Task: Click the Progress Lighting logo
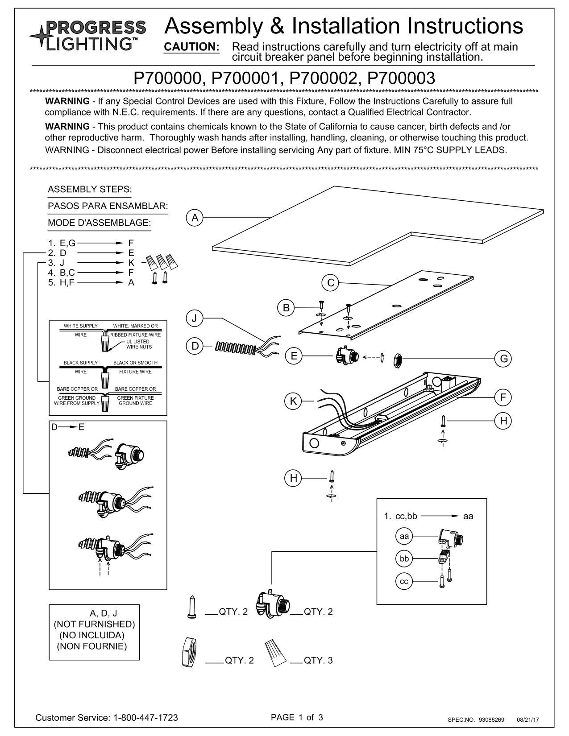pyautogui.click(x=87, y=35)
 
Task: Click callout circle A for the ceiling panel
pyautogui.click(x=195, y=218)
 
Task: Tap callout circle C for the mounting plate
pyautogui.click(x=331, y=283)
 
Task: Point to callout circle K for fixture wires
pyautogui.click(x=293, y=401)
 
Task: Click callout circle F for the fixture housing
pyautogui.click(x=503, y=397)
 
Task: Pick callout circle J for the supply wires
pyautogui.click(x=195, y=318)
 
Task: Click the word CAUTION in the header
pyautogui.click(x=192, y=47)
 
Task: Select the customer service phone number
pyautogui.click(x=146, y=718)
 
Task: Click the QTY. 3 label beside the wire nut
pyautogui.click(x=318, y=660)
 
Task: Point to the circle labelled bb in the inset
pyautogui.click(x=404, y=558)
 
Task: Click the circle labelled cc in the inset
pyautogui.click(x=404, y=581)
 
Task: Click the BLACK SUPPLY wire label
pyautogui.click(x=80, y=363)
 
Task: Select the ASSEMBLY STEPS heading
pyautogui.click(x=90, y=189)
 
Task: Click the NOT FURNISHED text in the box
pyautogui.click(x=94, y=624)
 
